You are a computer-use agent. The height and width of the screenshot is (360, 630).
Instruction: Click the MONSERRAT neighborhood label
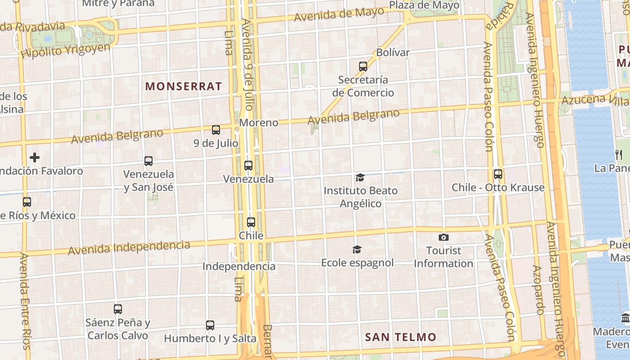[x=184, y=86]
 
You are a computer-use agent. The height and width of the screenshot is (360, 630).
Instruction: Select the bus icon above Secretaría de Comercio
[x=363, y=67]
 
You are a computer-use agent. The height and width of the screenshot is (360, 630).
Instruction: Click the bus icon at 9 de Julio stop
[x=216, y=130]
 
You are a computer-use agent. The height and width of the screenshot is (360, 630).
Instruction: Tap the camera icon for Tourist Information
[x=443, y=237]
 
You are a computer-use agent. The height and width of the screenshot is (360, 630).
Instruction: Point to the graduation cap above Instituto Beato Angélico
[x=360, y=178]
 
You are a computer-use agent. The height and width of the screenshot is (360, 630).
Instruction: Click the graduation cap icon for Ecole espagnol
[x=357, y=249]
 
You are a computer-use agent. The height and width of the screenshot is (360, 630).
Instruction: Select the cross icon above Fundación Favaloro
[x=35, y=157]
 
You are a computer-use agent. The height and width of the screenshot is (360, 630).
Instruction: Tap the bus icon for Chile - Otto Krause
[x=498, y=174]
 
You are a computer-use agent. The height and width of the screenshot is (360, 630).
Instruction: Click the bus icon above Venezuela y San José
[x=148, y=161]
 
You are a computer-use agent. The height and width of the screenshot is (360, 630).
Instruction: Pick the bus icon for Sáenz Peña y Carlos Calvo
[x=118, y=309]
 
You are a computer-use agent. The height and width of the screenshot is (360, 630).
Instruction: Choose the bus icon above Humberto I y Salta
[x=210, y=325]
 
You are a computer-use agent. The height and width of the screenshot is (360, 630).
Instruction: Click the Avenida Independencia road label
[x=129, y=247]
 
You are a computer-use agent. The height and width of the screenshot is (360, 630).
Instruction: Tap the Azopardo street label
[x=538, y=290]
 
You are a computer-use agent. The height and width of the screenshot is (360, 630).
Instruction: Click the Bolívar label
[x=393, y=52]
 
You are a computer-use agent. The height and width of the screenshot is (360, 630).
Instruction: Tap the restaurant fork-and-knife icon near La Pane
[x=618, y=155]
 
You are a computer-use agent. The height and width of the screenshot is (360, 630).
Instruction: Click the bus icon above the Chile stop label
[x=251, y=222]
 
